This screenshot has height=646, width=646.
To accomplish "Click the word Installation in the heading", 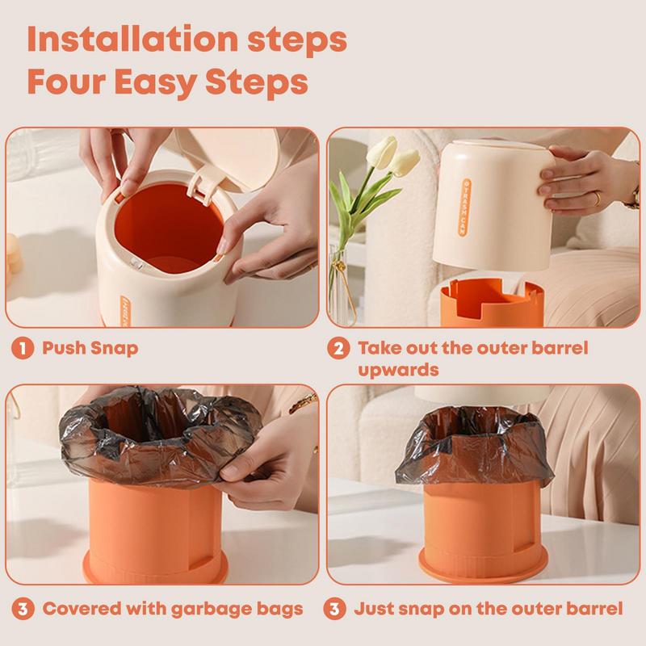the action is (132, 39).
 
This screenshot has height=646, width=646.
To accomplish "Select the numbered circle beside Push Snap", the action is (23, 349).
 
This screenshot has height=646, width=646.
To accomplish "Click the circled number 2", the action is (338, 349).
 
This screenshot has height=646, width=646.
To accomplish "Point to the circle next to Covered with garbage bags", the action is (23, 609).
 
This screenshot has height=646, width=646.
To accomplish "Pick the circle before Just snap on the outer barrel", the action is (334, 609).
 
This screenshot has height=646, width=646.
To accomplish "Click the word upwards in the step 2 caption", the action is (398, 370).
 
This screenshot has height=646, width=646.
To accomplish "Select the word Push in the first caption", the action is (64, 348).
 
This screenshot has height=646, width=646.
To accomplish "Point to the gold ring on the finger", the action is (597, 199).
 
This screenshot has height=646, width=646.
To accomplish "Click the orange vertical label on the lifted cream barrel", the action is (464, 208).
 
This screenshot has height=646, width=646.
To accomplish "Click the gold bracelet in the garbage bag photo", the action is (303, 403).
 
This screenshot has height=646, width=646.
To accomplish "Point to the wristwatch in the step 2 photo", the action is (632, 198).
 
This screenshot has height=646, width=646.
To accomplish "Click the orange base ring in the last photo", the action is (483, 564).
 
